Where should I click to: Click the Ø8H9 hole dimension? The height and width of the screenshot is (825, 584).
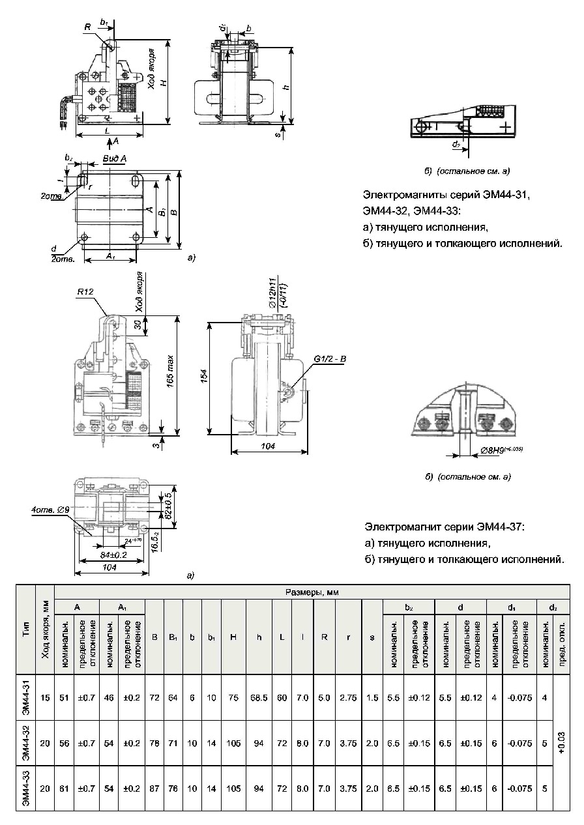click(501, 450)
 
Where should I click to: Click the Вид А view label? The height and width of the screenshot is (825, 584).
click(115, 158)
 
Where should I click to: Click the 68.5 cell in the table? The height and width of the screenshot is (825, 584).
click(259, 698)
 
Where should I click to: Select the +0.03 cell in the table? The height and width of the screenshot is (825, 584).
click(561, 744)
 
